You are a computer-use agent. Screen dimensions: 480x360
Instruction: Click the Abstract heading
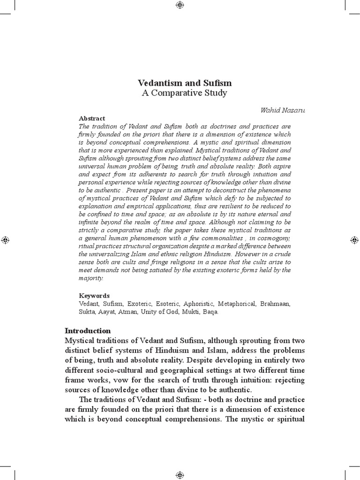coord(92,119)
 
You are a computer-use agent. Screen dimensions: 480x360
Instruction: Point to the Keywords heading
coord(94,296)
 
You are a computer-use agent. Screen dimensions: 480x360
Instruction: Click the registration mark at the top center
coord(180,5)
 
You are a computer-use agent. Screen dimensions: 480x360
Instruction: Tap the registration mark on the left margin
coord(5,240)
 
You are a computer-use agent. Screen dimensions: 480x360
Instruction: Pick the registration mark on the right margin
coord(354,240)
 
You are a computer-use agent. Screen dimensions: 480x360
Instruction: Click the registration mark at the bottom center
coord(180,475)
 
